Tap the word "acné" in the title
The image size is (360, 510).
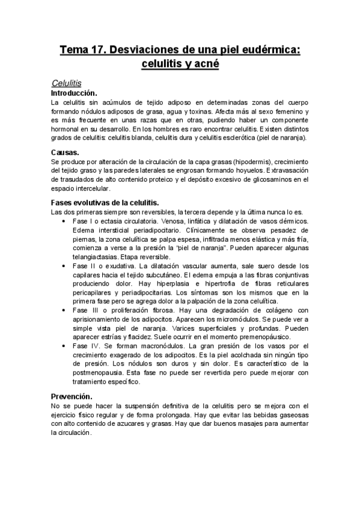(x=204, y=64)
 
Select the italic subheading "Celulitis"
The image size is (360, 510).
(x=67, y=82)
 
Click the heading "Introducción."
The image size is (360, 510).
(x=74, y=93)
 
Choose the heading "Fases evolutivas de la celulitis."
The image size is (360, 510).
(x=105, y=202)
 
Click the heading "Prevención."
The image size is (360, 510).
(x=72, y=396)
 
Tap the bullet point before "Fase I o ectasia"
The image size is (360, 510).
(x=64, y=221)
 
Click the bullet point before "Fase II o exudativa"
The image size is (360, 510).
(x=64, y=265)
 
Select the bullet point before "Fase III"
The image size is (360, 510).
(x=64, y=310)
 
